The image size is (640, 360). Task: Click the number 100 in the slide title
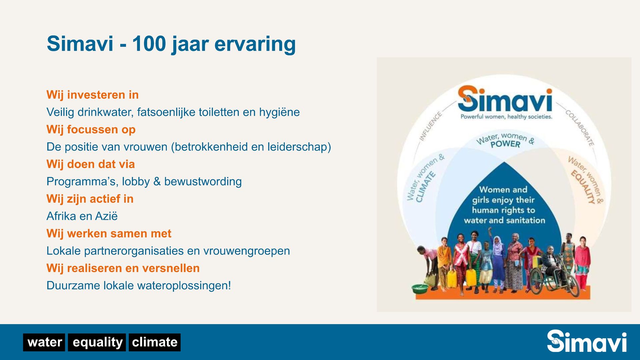[149, 44]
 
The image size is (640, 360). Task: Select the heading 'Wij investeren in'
[93, 95]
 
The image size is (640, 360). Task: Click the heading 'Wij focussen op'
[91, 130]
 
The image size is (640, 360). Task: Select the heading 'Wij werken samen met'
[109, 234]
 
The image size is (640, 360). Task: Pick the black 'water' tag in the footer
[44, 342]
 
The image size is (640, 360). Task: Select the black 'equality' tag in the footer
[97, 342]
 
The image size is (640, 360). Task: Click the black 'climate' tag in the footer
[155, 342]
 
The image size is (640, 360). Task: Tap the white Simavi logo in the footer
[587, 341]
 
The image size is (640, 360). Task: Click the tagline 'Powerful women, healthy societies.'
[506, 117]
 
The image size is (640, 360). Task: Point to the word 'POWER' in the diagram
[505, 144]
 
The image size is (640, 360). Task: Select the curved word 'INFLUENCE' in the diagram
[430, 127]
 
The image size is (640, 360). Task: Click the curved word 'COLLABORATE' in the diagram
[580, 128]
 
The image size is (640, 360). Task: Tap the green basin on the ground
[420, 288]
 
